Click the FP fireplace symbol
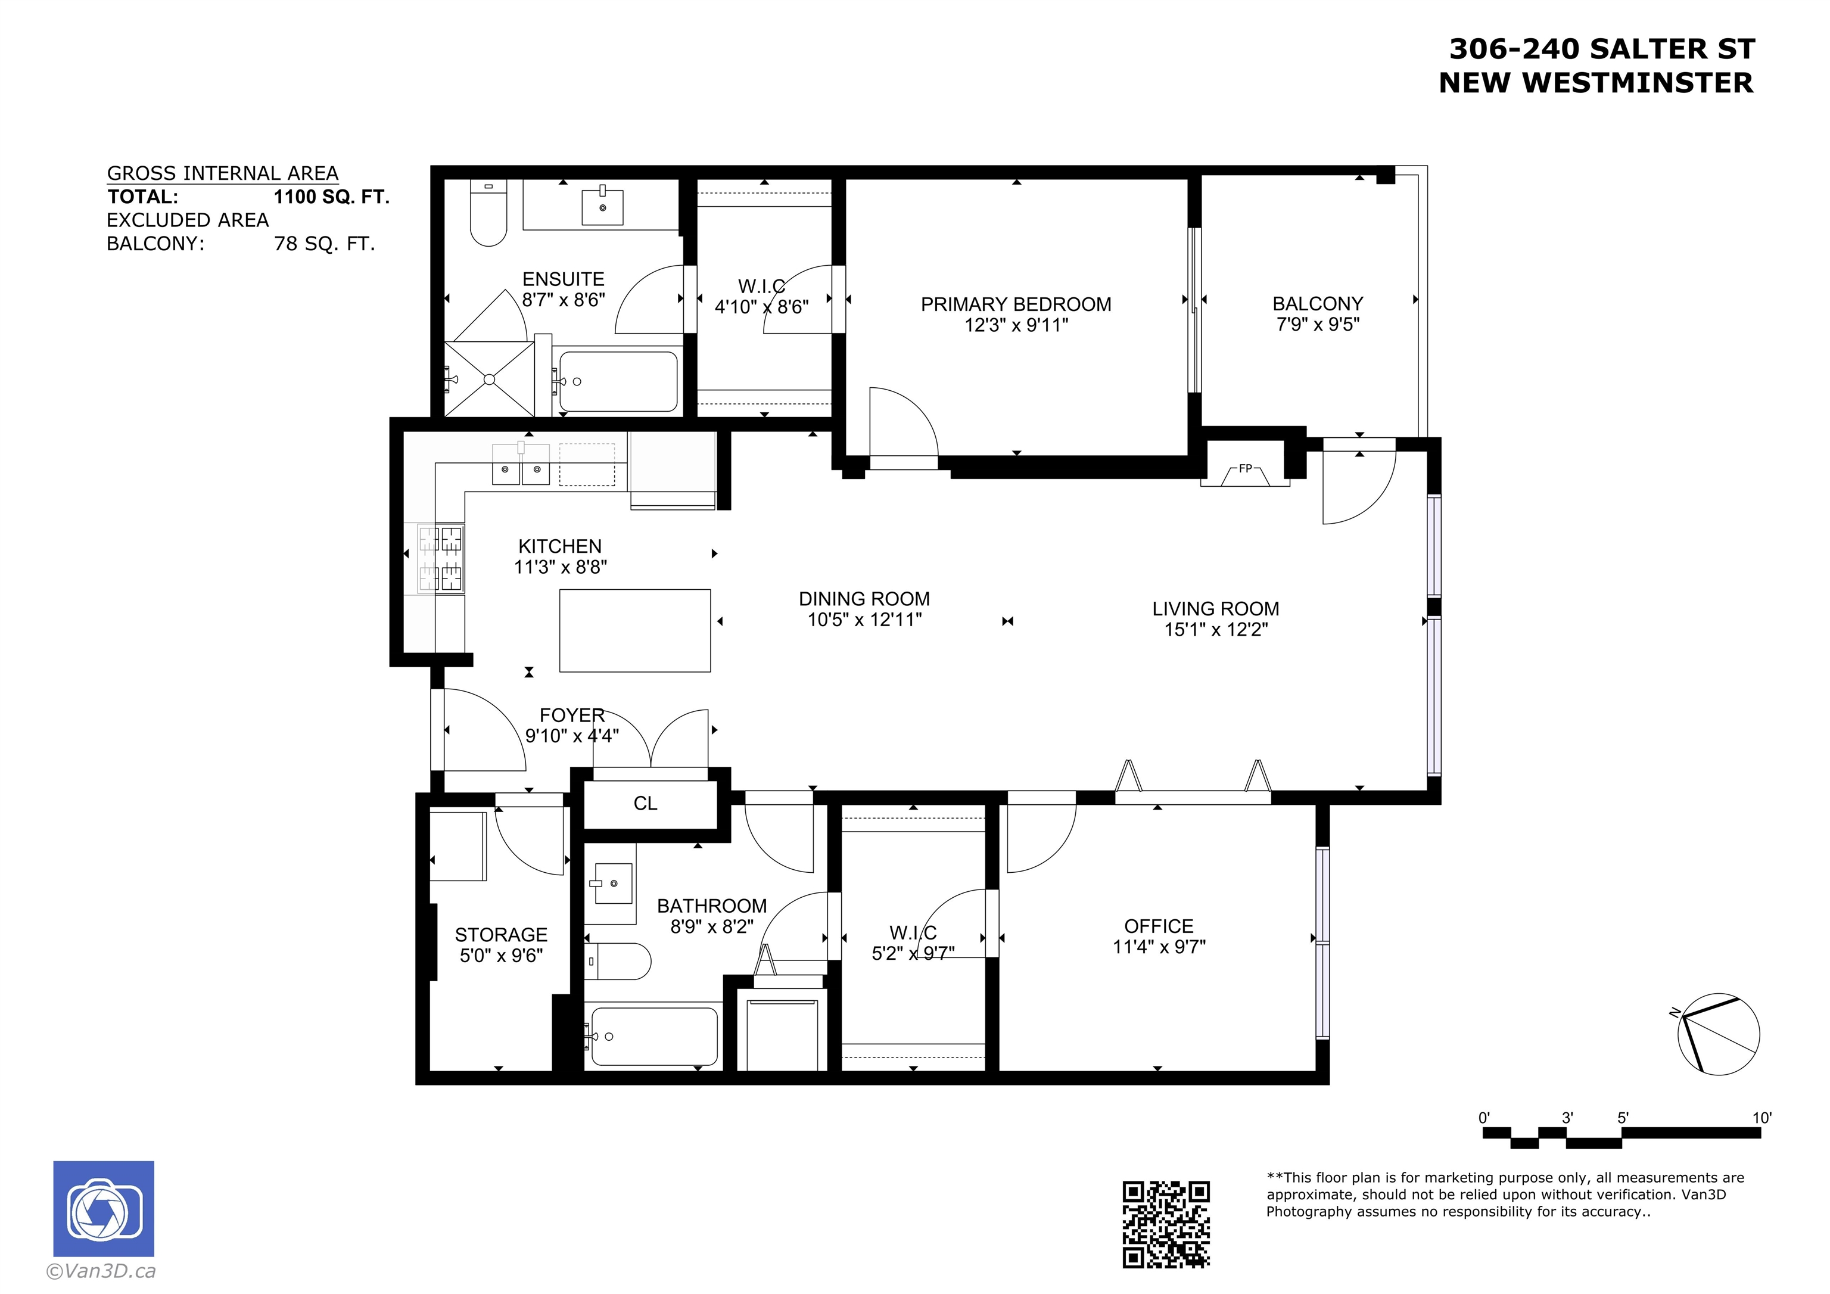[x=1245, y=474]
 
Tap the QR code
[x=1166, y=1224]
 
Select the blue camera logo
[x=104, y=1209]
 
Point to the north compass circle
[x=1719, y=1035]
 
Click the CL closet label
[x=646, y=804]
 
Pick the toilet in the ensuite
[x=488, y=213]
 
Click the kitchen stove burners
[x=441, y=558]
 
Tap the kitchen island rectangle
[x=635, y=631]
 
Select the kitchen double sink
[x=521, y=464]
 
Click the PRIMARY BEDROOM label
[x=1016, y=304]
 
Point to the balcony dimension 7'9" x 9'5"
[x=1318, y=325]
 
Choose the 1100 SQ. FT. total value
[x=332, y=197]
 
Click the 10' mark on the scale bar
[x=1761, y=1118]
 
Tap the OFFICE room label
[x=1159, y=926]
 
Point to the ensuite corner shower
[x=488, y=379]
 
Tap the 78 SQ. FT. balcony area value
[x=325, y=244]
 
